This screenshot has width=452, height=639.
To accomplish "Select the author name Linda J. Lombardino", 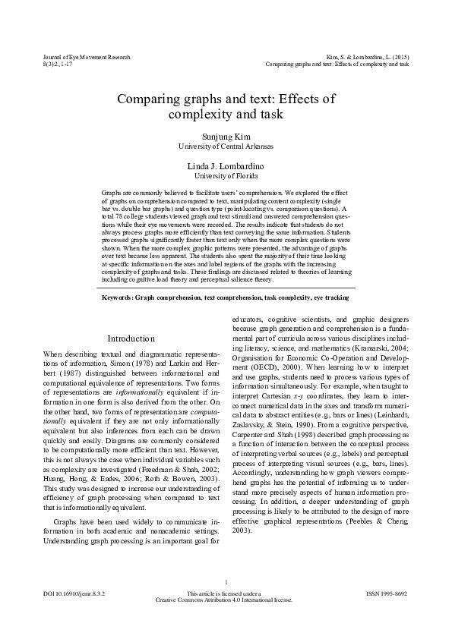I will click(x=226, y=165).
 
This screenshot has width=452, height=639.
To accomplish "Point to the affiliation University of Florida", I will click(x=226, y=175).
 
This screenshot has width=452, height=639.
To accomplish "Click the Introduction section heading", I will click(x=131, y=338).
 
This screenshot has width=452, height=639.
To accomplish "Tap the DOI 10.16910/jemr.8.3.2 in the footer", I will click(x=74, y=593).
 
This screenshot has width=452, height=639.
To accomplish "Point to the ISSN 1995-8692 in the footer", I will click(x=387, y=593).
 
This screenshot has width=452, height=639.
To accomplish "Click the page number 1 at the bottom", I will click(x=226, y=583).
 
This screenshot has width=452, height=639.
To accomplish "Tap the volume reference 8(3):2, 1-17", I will click(x=59, y=64).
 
